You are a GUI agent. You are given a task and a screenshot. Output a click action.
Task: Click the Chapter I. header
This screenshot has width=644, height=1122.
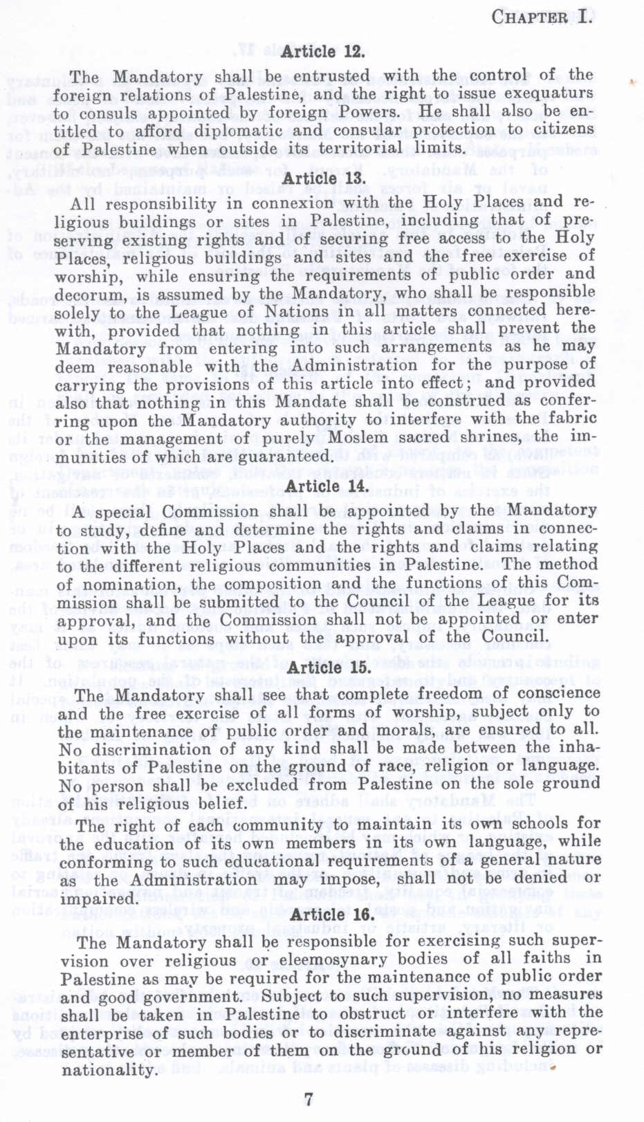tap(542, 17)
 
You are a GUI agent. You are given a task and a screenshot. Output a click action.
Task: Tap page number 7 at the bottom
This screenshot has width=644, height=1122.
tap(309, 1099)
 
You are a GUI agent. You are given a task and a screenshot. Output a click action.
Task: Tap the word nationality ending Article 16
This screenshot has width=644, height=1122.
tap(109, 1069)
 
